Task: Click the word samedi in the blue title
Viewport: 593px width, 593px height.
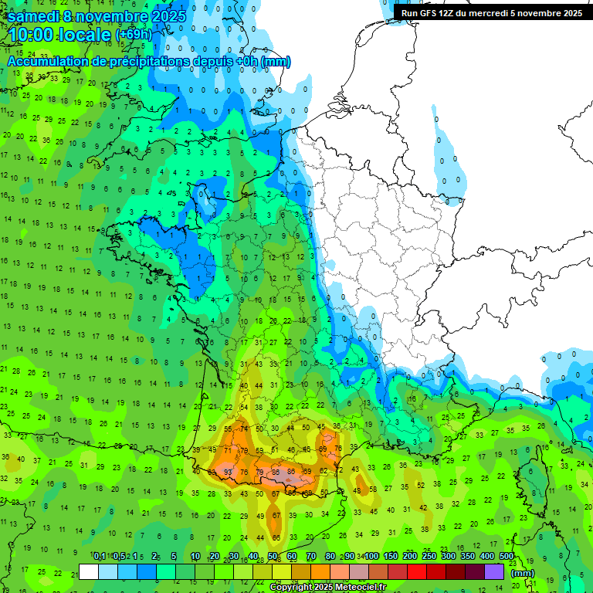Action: pyautogui.click(x=38, y=16)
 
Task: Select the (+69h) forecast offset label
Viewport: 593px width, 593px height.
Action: pyautogui.click(x=134, y=36)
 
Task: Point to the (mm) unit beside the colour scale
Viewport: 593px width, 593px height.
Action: pyautogui.click(x=523, y=573)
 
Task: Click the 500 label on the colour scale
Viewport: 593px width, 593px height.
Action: pyautogui.click(x=507, y=557)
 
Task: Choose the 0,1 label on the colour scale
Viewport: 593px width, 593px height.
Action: pyautogui.click(x=100, y=557)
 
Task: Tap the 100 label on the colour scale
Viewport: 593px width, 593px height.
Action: pyautogui.click(x=371, y=557)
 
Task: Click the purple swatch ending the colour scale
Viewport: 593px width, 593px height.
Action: pyautogui.click(x=494, y=571)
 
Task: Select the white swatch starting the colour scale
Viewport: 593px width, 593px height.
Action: pyautogui.click(x=89, y=571)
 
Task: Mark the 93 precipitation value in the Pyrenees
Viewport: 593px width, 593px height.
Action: pyautogui.click(x=228, y=472)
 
